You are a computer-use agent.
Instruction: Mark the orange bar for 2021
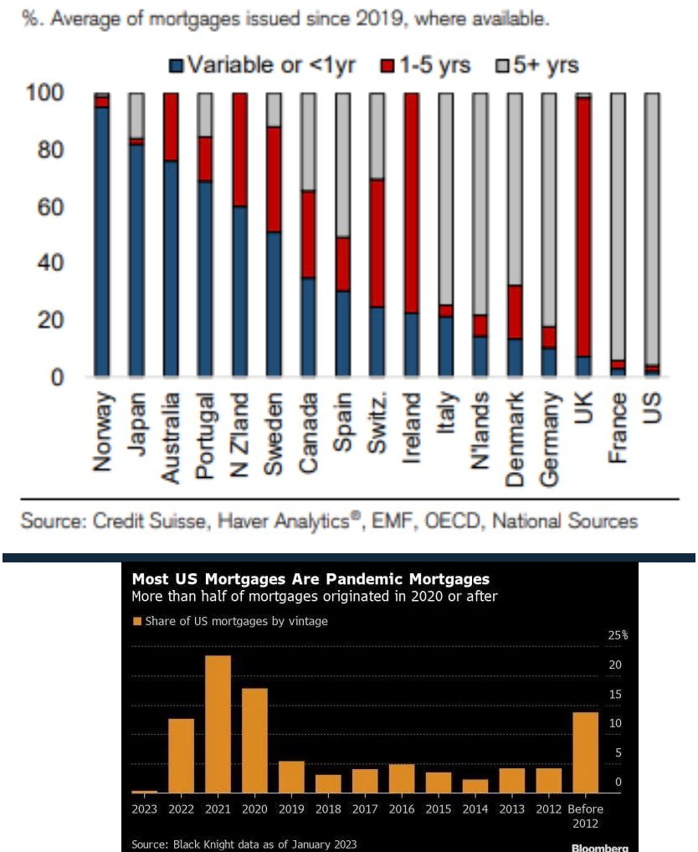click(218, 723)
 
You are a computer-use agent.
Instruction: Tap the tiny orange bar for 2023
click(145, 791)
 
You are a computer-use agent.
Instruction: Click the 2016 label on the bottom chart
click(401, 809)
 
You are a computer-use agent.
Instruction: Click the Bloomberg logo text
click(598, 847)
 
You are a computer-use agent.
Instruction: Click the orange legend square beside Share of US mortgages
click(137, 621)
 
